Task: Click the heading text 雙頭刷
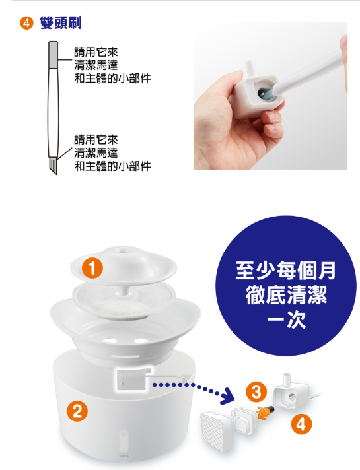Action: click(61, 23)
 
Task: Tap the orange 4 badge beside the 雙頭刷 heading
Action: click(26, 23)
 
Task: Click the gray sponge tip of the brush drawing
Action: click(53, 54)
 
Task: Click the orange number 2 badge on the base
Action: click(77, 411)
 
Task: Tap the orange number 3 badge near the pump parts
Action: click(256, 392)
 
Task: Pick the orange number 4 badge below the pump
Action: click(301, 424)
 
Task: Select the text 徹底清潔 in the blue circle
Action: click(286, 295)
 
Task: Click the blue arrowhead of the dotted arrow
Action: click(228, 395)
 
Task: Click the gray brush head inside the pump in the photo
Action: click(266, 92)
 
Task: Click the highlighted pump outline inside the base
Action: click(131, 379)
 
